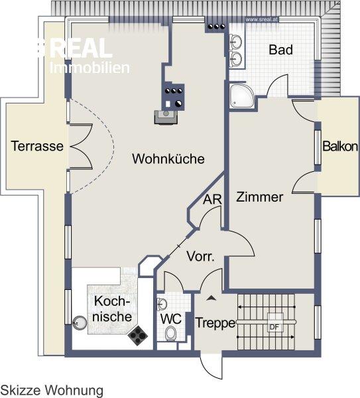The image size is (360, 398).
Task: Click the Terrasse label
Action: tap(38, 147)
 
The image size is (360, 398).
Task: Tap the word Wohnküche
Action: tap(168, 159)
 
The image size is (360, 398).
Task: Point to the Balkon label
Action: tap(340, 147)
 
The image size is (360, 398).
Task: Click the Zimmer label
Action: tap(260, 197)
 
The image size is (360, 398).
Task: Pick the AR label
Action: tap(212, 199)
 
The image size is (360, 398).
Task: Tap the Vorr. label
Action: tap(200, 257)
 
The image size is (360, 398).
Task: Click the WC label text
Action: tap(171, 318)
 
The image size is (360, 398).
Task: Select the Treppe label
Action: tap(215, 323)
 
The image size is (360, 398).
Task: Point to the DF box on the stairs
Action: tap(273, 326)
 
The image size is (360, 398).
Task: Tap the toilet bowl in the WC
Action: tap(172, 334)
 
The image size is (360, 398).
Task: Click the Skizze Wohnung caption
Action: tap(52, 390)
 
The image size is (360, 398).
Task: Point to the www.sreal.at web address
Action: tap(261, 19)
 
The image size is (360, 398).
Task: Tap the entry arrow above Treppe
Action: tap(211, 298)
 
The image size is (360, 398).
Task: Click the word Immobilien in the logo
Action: tap(90, 68)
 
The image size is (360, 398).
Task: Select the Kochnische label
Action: tap(112, 308)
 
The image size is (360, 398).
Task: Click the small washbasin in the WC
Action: tap(162, 304)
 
